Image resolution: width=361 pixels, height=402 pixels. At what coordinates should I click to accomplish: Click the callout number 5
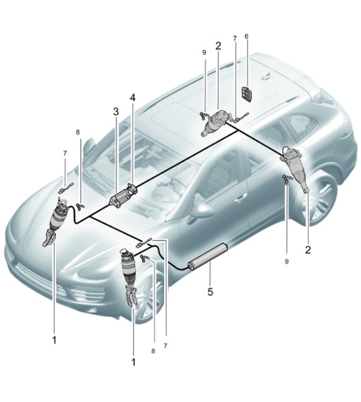pos(210,292)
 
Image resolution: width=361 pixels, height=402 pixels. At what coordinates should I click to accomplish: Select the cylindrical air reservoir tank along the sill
pos(207,256)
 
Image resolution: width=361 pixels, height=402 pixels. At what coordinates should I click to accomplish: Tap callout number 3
pos(116,112)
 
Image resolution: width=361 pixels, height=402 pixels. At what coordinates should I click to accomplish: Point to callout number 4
pos(132,98)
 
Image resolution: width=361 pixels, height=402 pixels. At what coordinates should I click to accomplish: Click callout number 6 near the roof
pos(246,36)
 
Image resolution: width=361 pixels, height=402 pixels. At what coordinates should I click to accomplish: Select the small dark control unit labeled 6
pos(247,94)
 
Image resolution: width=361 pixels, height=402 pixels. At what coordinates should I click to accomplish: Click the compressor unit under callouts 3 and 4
pos(123,196)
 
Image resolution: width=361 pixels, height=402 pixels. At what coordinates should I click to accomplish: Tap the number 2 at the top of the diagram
pos(218,46)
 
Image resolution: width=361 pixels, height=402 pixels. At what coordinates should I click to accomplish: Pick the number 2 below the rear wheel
pos(308,249)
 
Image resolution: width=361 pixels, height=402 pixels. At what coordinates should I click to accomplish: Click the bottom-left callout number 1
pos(54,340)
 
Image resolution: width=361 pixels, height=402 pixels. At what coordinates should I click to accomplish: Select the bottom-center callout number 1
pos(133,363)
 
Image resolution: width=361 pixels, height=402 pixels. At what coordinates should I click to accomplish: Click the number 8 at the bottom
pos(153,351)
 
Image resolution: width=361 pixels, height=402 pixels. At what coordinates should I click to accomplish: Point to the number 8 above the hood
pos(78,132)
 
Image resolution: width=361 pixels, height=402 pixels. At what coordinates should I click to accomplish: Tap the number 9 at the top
pos(204,52)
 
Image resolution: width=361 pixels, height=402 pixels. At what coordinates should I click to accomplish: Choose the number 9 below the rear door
pos(287,262)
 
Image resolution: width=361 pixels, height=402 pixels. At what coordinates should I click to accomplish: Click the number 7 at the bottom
pos(165,346)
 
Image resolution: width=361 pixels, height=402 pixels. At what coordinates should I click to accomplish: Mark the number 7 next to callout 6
pos(235,38)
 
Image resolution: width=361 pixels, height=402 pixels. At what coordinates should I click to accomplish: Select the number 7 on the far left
pos(65,153)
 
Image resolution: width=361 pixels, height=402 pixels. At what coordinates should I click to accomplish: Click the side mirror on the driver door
pos(204,211)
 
